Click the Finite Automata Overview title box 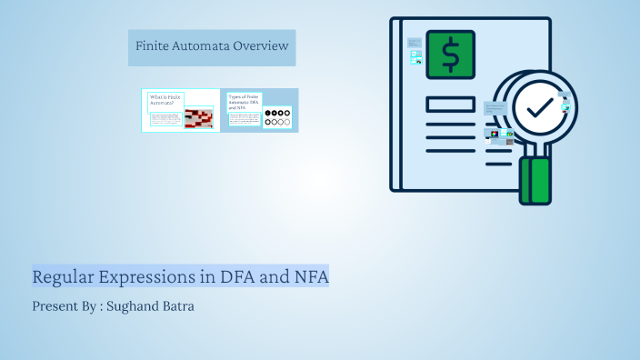211,46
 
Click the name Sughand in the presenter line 134,306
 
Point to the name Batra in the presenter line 178,306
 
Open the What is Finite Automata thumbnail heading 165,99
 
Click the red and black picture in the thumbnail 198,118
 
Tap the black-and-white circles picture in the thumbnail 277,117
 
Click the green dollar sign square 450,55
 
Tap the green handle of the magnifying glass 535,181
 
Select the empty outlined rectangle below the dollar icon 450,105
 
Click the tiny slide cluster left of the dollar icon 415,51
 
